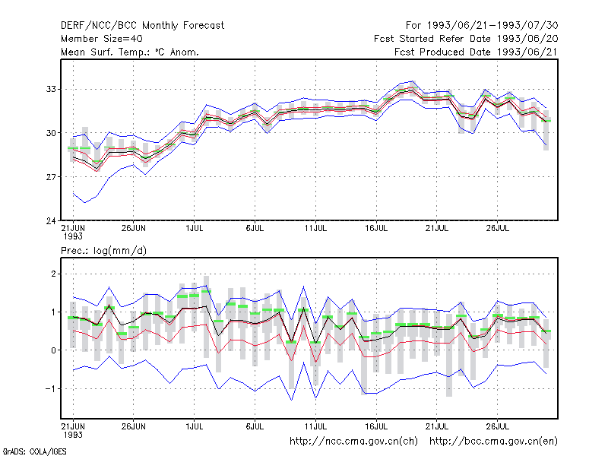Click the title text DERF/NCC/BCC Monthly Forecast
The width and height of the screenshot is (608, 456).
[x=142, y=26]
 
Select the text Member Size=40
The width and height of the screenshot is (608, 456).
[x=102, y=39]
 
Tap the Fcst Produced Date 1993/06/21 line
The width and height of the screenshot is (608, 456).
[x=477, y=52]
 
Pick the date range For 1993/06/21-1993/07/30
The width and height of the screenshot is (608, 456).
[x=482, y=26]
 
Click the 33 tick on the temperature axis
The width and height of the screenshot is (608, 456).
[x=51, y=89]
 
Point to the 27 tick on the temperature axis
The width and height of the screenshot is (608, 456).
[x=51, y=177]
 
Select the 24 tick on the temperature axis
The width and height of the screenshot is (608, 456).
[x=51, y=220]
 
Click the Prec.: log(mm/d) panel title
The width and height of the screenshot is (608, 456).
[x=103, y=251]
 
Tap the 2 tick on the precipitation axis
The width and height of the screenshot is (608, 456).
[x=53, y=274]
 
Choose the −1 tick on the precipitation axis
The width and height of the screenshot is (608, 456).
[x=50, y=388]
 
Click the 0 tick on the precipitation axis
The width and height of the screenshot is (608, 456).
[x=53, y=350]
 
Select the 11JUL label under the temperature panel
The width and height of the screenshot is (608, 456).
[x=315, y=229]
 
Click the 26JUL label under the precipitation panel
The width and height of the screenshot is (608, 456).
[x=498, y=426]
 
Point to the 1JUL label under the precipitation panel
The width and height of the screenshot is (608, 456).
[x=195, y=426]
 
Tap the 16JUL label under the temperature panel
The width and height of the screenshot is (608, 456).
[x=376, y=229]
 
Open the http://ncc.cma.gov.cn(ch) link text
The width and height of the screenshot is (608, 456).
[x=353, y=442]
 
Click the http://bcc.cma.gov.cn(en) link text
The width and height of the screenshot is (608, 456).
[x=493, y=442]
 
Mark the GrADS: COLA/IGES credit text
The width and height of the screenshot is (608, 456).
[x=34, y=451]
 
